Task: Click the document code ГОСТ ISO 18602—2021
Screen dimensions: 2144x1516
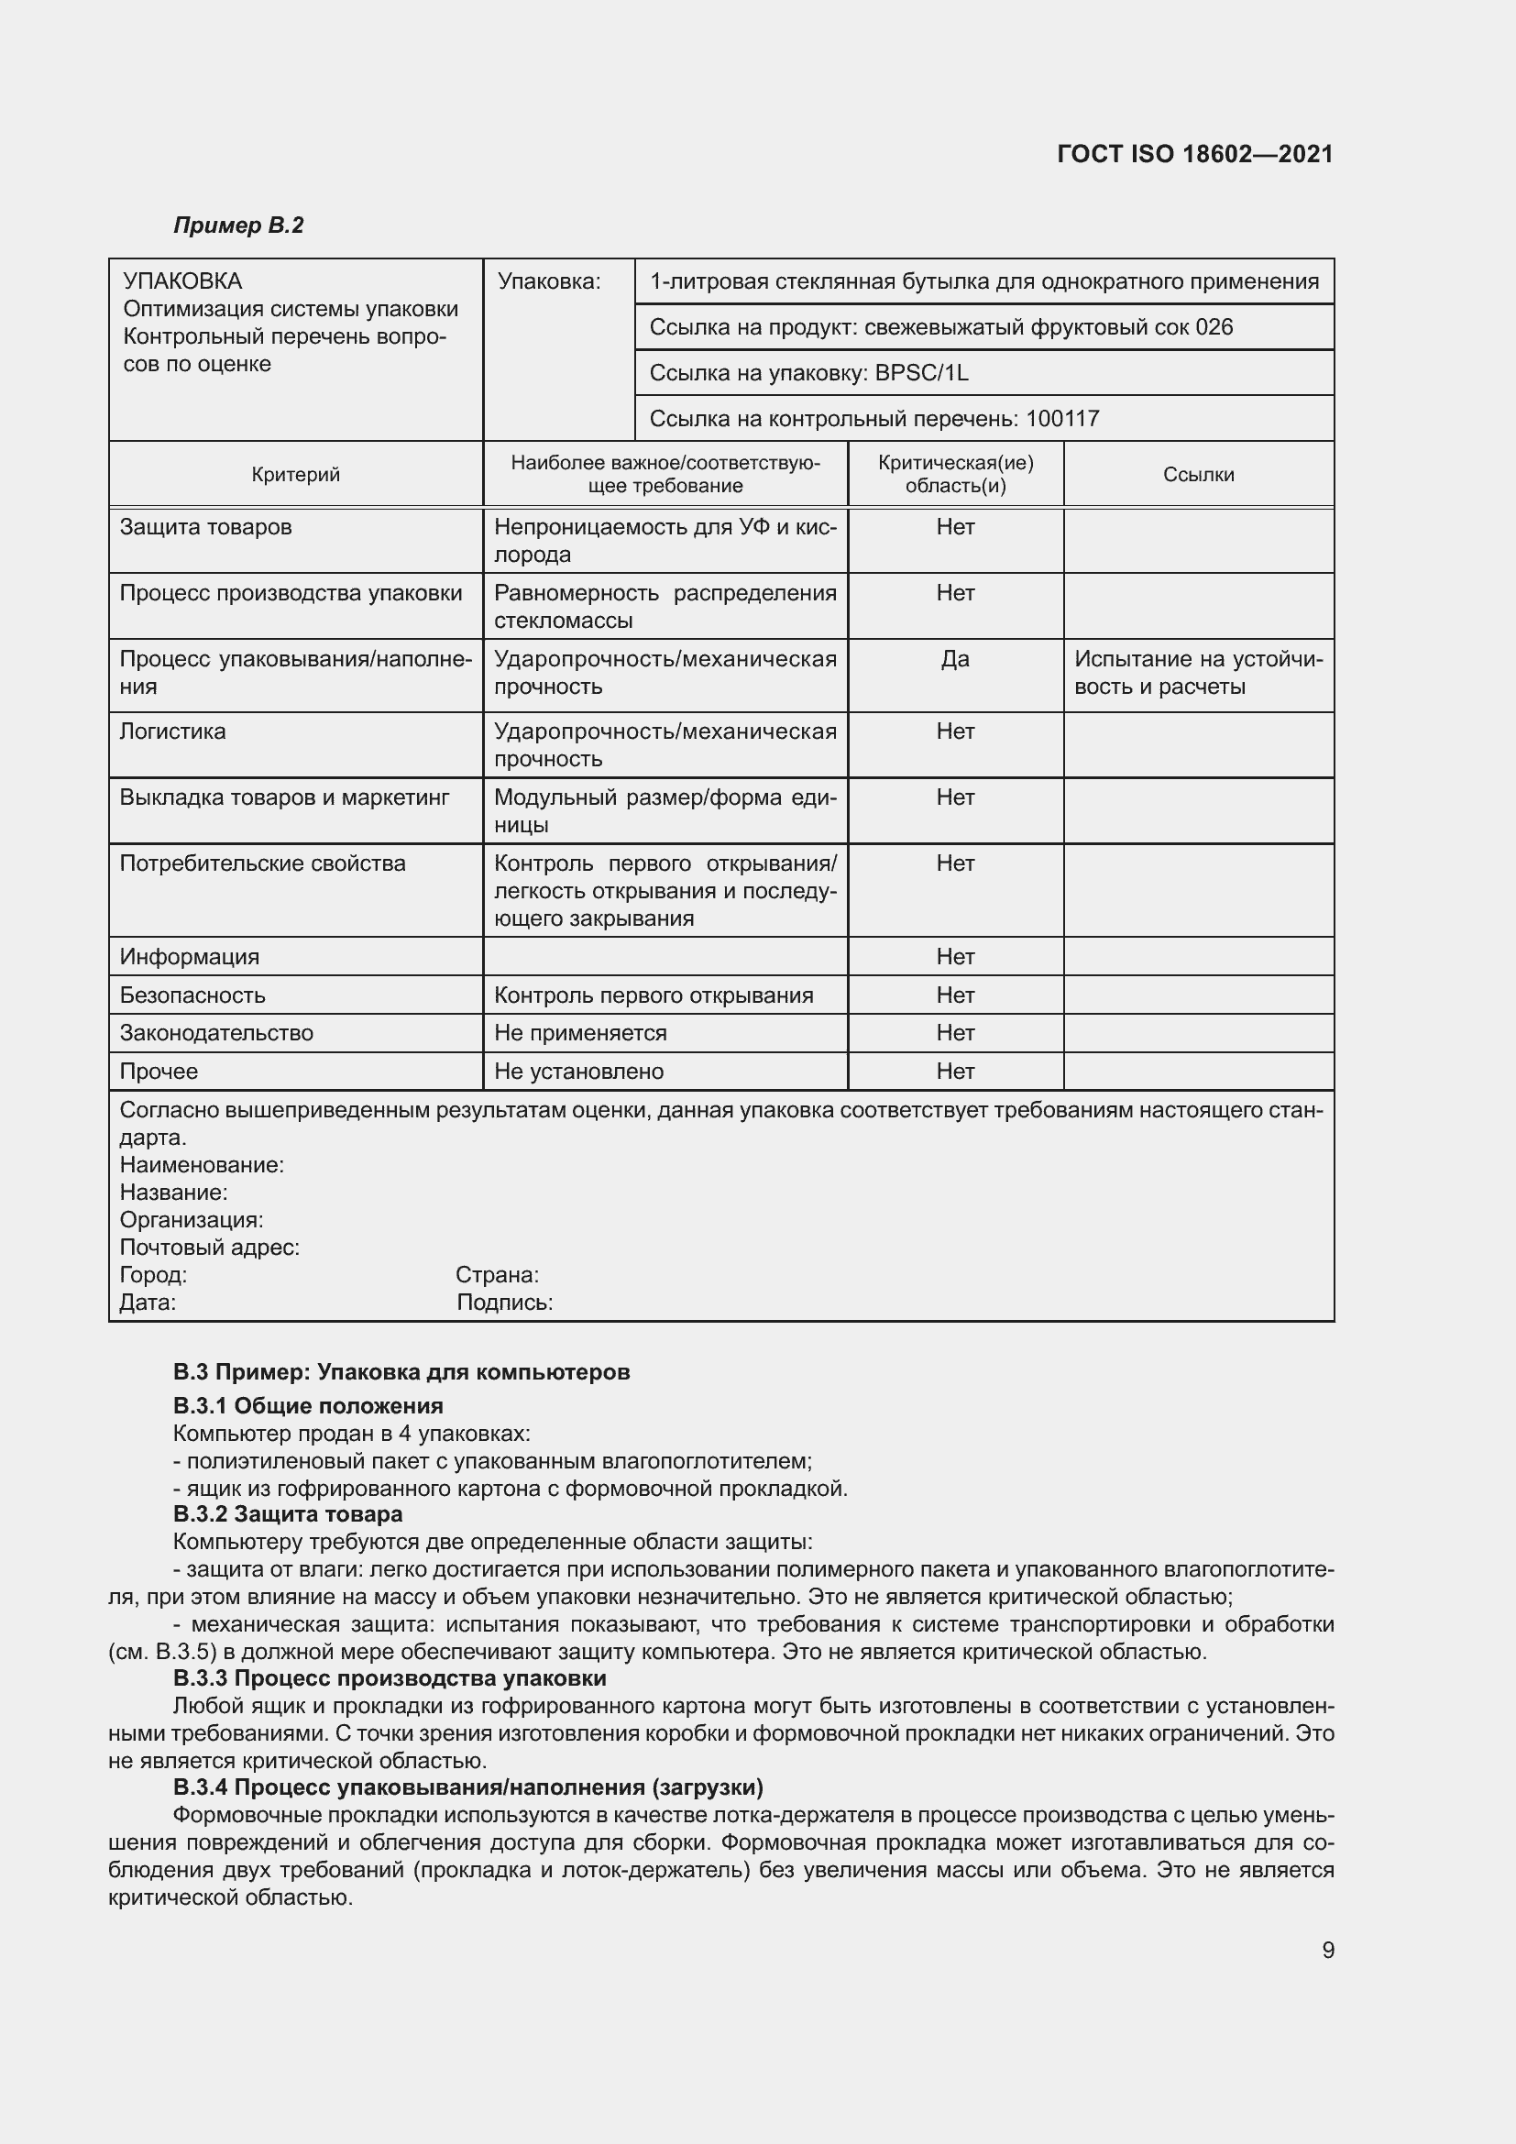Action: [x=1195, y=154]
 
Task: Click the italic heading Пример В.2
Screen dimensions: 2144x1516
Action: [x=238, y=225]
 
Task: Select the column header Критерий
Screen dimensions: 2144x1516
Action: [x=296, y=475]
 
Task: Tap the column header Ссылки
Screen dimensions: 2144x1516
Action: [x=1198, y=475]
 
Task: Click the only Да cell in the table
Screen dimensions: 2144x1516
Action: [x=955, y=659]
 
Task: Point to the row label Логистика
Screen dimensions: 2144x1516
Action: [x=172, y=731]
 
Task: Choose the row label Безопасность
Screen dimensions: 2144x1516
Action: [x=192, y=995]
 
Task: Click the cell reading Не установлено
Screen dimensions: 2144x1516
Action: [x=578, y=1071]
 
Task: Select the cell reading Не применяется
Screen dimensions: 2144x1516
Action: [x=580, y=1033]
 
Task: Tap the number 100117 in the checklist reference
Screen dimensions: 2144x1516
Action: [x=1061, y=418]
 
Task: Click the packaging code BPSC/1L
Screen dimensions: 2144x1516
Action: [x=921, y=372]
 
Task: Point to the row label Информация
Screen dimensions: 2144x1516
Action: [x=190, y=957]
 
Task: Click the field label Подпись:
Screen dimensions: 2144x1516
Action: [x=504, y=1303]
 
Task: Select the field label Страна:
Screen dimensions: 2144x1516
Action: [x=497, y=1275]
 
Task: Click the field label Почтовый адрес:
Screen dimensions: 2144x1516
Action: [x=209, y=1248]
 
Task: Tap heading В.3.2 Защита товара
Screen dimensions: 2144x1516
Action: [x=288, y=1513]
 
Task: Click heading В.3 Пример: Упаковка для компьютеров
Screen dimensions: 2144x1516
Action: [x=401, y=1372]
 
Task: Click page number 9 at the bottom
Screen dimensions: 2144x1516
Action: [x=1327, y=1950]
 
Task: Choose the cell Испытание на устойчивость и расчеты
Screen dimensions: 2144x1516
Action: [x=1198, y=674]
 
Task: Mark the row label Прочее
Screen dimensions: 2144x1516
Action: [x=159, y=1071]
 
